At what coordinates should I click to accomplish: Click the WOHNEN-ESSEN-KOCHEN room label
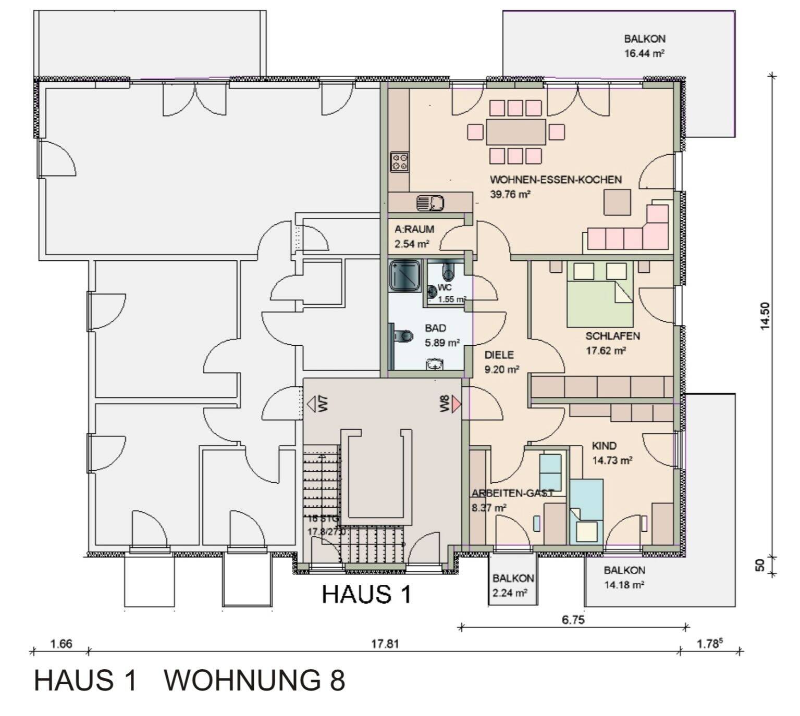coord(555,180)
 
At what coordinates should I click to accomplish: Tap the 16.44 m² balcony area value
coord(644,53)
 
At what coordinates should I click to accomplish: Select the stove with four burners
coord(400,161)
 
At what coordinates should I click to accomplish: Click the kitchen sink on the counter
coord(430,202)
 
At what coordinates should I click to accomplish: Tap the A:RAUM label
coord(414,229)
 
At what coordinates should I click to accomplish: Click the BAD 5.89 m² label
coord(441,335)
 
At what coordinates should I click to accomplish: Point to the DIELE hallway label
coord(499,355)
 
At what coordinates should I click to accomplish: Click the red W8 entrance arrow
coord(456,404)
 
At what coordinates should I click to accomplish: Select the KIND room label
coord(604,446)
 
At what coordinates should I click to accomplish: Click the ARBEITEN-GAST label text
coord(512,493)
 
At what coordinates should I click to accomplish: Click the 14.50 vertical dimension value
coord(765,316)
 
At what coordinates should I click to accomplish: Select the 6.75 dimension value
coord(573,620)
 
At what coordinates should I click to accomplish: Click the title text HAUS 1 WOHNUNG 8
coord(189,680)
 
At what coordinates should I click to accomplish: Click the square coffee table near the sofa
coord(618,202)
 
